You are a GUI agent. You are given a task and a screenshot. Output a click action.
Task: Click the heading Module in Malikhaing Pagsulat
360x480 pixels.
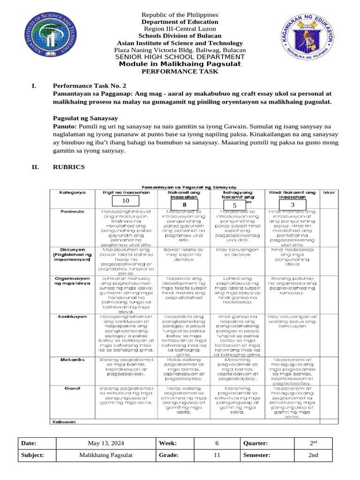coord(180,64)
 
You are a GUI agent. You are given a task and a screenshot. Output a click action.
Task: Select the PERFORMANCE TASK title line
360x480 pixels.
coord(180,71)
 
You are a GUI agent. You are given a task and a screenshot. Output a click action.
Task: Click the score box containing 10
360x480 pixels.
coord(125,201)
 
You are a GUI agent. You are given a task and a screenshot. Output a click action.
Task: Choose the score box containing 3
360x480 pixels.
coord(292,205)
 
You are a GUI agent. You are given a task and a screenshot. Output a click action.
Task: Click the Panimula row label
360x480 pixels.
coord(72,212)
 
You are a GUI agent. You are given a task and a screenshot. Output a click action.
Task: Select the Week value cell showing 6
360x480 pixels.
coord(217,443)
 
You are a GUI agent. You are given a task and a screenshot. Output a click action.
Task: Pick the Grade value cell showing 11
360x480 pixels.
coord(217,455)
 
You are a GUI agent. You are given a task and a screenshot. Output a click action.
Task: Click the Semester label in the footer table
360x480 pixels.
coord(256,455)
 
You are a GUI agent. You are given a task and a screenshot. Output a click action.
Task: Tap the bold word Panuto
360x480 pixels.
coord(63,127)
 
